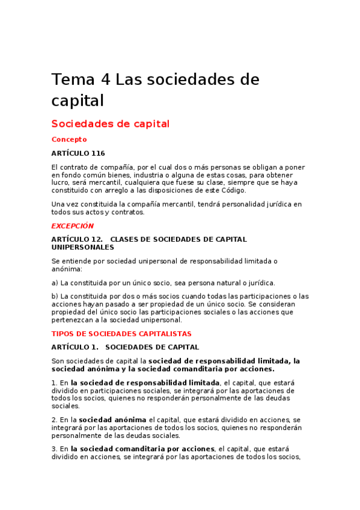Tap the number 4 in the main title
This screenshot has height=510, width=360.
click(x=105, y=79)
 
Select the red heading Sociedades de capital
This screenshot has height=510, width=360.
click(x=111, y=124)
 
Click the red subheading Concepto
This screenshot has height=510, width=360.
click(x=69, y=140)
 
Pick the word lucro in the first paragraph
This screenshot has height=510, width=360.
click(x=61, y=182)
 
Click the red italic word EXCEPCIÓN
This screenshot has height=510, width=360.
click(x=73, y=226)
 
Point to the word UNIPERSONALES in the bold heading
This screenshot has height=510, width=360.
click(x=82, y=247)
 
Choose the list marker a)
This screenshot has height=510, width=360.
click(x=55, y=283)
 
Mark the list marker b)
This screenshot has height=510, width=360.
click(x=55, y=296)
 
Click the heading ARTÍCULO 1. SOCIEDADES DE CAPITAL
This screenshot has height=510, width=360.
click(x=125, y=347)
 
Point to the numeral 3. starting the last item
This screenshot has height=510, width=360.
click(x=54, y=449)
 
